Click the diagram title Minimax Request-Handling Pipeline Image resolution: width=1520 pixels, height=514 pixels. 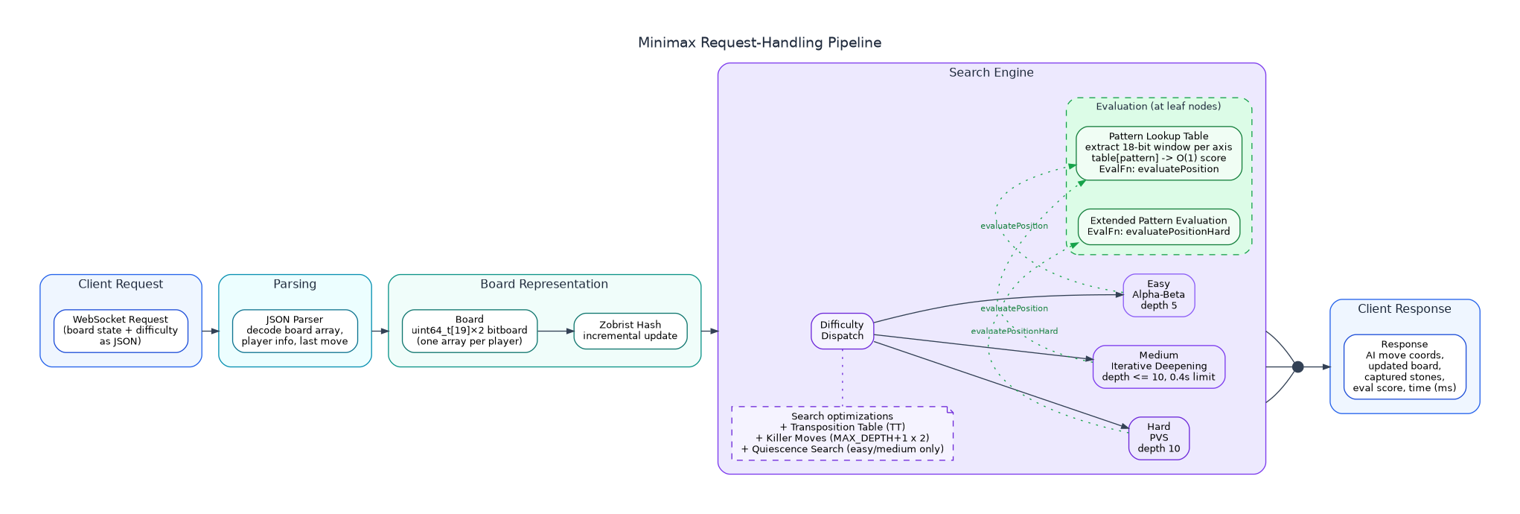pyautogui.click(x=759, y=42)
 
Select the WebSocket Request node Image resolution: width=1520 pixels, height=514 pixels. pyautogui.click(x=121, y=331)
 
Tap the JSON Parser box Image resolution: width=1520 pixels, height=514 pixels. pyautogui.click(x=295, y=331)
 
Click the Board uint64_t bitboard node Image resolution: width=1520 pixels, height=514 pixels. pyautogui.click(x=469, y=331)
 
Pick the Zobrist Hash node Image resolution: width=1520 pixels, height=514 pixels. pyautogui.click(x=630, y=331)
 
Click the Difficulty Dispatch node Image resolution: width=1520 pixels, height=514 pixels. pyautogui.click(x=842, y=331)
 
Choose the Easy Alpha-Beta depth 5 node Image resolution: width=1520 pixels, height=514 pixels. pyautogui.click(x=1158, y=295)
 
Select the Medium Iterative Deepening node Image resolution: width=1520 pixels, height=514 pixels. pyautogui.click(x=1158, y=367)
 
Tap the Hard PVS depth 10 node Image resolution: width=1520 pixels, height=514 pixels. pyautogui.click(x=1158, y=438)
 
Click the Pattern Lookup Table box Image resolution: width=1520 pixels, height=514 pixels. pyautogui.click(x=1158, y=153)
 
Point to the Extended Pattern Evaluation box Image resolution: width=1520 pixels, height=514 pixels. pyautogui.click(x=1158, y=226)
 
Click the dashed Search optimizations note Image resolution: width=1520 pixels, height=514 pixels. pyautogui.click(x=842, y=433)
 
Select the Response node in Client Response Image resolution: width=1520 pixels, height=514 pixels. pyautogui.click(x=1404, y=367)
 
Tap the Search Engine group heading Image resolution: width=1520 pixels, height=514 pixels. pyautogui.click(x=991, y=73)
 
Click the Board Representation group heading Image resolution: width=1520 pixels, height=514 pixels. pyautogui.click(x=544, y=285)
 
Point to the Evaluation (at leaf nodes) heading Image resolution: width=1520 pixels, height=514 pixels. pyautogui.click(x=1158, y=107)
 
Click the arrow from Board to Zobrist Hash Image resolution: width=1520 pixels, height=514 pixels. pyautogui.click(x=555, y=331)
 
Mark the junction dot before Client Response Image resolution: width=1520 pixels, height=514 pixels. pyautogui.click(x=1297, y=367)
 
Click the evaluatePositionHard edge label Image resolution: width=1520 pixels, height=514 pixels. pyautogui.click(x=1014, y=331)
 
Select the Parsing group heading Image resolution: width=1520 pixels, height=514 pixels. pyautogui.click(x=295, y=285)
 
